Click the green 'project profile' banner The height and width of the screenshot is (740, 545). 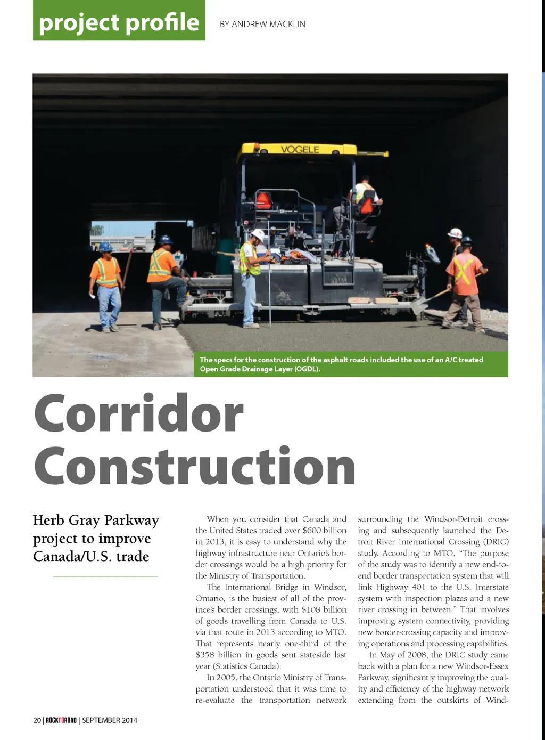(119, 21)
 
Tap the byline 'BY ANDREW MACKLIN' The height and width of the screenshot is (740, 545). (262, 24)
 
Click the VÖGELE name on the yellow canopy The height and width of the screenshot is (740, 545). (300, 150)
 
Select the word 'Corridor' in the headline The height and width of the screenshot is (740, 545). (139, 414)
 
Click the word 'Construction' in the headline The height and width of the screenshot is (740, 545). (195, 466)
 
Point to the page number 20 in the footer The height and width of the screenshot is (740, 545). (37, 720)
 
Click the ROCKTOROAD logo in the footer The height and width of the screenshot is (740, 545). (61, 720)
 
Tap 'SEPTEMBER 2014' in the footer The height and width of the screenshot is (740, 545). (110, 720)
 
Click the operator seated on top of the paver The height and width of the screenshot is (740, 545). (364, 194)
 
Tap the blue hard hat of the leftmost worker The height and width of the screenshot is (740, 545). (105, 247)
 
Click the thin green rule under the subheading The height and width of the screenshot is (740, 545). (105, 576)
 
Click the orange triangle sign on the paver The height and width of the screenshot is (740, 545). (263, 200)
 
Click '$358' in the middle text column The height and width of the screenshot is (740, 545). (204, 655)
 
